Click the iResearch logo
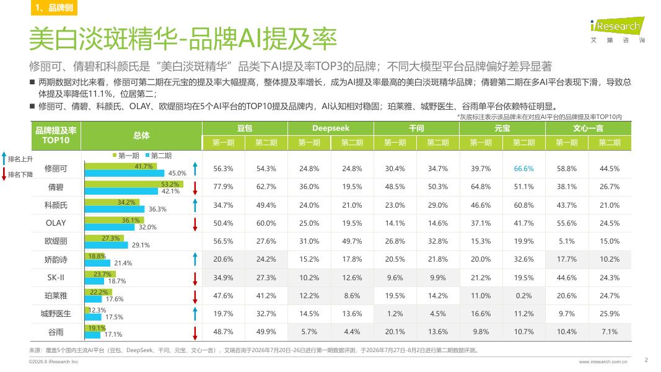coord(617,30)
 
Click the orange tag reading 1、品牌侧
coord(54,7)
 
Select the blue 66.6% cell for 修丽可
coord(523,169)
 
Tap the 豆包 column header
coord(245,128)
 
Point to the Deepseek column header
coord(331,128)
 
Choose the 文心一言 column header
coord(588,128)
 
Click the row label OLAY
coord(56,223)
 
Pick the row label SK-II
coord(56,278)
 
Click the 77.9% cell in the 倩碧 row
coord(223,187)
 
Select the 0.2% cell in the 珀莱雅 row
coord(523,296)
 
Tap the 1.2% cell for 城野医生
coord(395,314)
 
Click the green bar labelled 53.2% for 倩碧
coord(134,184)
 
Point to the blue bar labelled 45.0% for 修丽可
coord(125,173)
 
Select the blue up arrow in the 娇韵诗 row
coord(195,259)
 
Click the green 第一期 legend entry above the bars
coord(126,156)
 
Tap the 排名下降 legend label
coord(20,175)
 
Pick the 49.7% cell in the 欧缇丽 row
coord(352,241)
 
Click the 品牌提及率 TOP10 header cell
coord(56,135)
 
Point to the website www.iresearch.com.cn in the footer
coord(603,362)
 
